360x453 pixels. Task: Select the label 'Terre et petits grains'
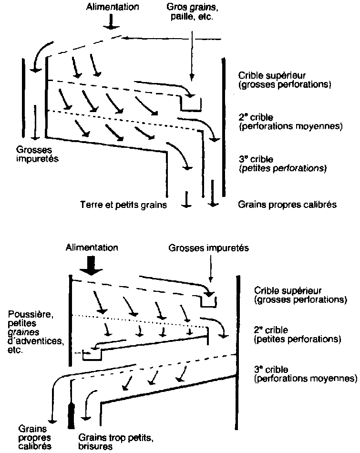123,206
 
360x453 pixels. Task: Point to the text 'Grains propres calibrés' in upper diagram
288,205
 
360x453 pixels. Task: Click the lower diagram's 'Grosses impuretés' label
208,248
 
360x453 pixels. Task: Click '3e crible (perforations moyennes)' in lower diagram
305,375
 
